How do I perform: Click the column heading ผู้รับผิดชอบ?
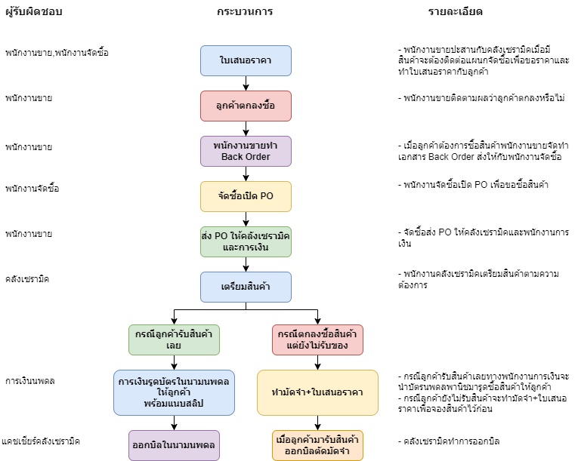pos(33,12)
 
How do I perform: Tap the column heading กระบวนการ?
pos(245,12)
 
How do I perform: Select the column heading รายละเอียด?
pos(456,12)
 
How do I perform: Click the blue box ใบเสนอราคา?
pos(246,61)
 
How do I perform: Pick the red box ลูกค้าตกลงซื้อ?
pos(246,106)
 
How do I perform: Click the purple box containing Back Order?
pos(246,152)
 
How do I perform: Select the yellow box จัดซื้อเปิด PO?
pos(246,197)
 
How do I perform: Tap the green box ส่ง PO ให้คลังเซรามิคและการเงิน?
pos(246,242)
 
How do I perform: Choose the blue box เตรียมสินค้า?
pos(246,287)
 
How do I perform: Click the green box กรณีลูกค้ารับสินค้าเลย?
pos(174,340)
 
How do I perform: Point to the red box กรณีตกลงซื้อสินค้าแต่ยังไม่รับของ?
pos(318,340)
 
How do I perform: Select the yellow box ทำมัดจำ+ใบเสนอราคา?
pos(318,393)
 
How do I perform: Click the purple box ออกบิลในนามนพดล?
pos(174,446)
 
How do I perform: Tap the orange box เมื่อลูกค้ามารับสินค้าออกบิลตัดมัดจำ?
pos(318,446)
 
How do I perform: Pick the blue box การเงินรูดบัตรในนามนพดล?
pos(174,393)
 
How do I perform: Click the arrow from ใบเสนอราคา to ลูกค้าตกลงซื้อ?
pos(246,84)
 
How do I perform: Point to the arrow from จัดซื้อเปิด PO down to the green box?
pos(246,220)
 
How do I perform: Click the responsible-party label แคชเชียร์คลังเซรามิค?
pos(41,441)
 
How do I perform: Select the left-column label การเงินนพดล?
pos(30,381)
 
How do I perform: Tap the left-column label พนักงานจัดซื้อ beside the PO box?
pos(32,188)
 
